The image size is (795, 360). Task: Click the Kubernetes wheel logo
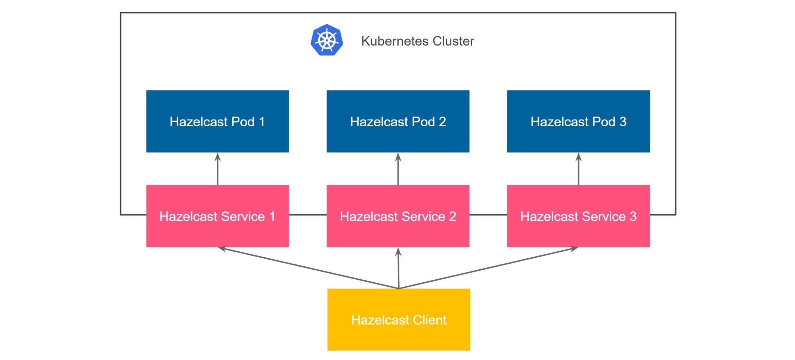pos(327,40)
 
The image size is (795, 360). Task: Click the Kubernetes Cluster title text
pos(417,41)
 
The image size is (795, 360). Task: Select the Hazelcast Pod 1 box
pos(217,121)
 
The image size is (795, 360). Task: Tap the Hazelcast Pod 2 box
pos(398,121)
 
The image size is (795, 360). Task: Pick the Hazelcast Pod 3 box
pos(578,121)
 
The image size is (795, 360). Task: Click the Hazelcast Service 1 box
pos(217,216)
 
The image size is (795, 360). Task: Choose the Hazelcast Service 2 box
pos(398,216)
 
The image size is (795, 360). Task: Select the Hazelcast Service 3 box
pos(578,216)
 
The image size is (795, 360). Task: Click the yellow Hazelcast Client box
pos(399,320)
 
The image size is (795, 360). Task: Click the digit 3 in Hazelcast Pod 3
pos(623,122)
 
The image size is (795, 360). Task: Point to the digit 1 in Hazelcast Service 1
pos(272,217)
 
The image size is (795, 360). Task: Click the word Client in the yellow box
pos(430,320)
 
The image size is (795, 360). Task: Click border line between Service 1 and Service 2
pos(308,215)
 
